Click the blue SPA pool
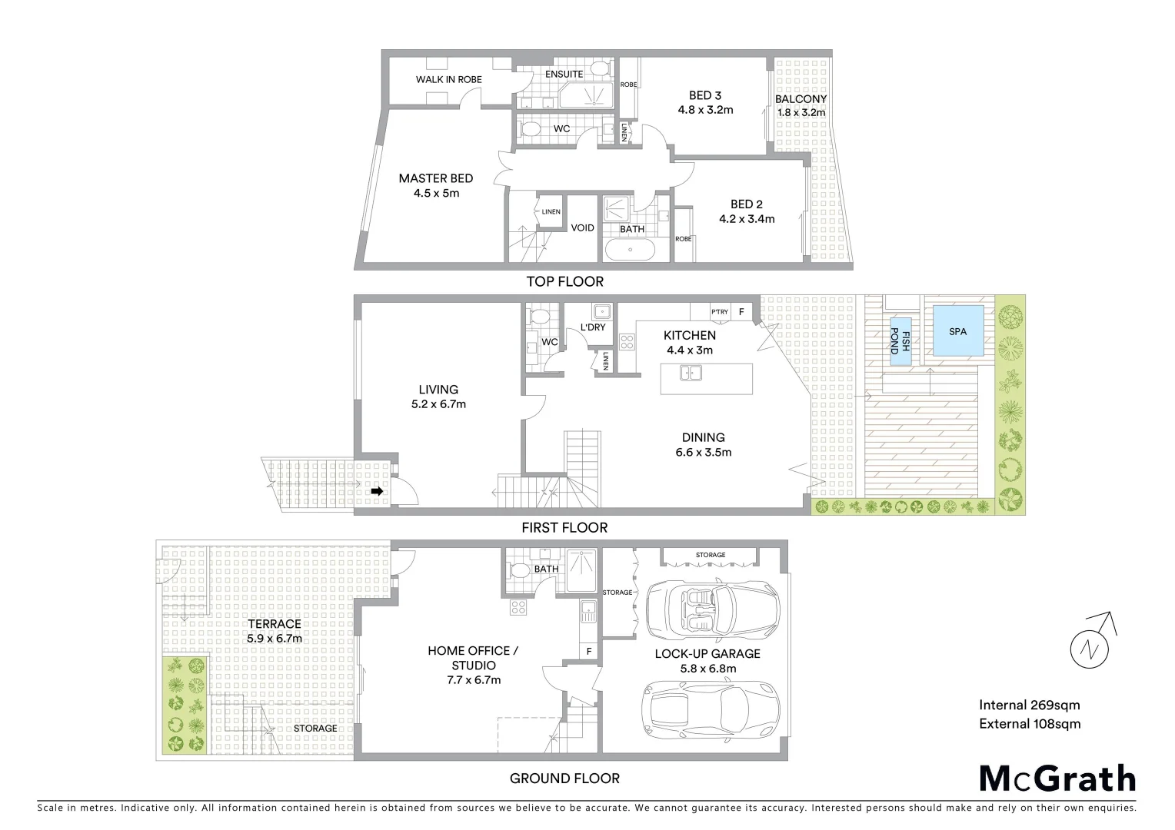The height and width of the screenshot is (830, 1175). [x=957, y=331]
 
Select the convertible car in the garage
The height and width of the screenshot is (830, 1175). [x=711, y=609]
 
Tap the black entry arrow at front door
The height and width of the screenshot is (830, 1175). [x=377, y=491]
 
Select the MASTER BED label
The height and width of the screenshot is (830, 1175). [x=435, y=178]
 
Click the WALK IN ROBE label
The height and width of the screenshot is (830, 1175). [x=449, y=79]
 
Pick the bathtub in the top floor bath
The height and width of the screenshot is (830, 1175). [x=630, y=250]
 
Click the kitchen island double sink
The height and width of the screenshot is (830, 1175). [x=691, y=373]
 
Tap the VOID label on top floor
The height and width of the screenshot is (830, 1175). [x=582, y=227]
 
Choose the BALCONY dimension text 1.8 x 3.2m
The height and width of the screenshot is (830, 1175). [x=801, y=112]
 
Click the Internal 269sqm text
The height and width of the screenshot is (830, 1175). [x=1029, y=705]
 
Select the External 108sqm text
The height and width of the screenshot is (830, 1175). [x=1030, y=723]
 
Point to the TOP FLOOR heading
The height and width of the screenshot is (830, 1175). [x=564, y=281]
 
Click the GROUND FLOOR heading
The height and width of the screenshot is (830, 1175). [x=564, y=778]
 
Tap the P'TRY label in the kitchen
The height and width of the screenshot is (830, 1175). [x=720, y=312]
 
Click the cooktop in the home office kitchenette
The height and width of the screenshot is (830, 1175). [x=518, y=607]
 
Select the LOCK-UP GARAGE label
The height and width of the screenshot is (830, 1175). [x=707, y=653]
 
